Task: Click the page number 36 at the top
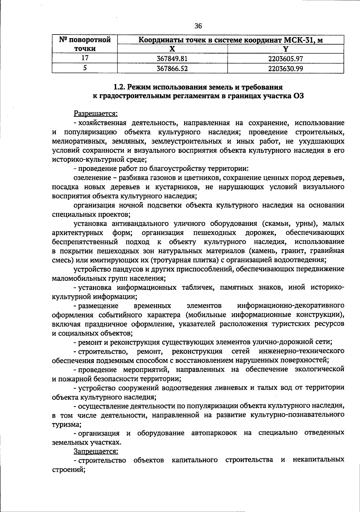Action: (x=198, y=26)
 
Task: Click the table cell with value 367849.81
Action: (x=172, y=59)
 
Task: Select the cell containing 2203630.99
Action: (x=285, y=68)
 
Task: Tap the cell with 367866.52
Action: (x=172, y=68)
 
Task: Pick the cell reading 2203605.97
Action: (x=285, y=59)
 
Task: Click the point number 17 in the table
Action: (x=85, y=58)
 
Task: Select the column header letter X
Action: (x=172, y=49)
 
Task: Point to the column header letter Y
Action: (x=286, y=49)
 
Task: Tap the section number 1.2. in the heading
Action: (x=119, y=87)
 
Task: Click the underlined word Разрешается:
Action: (x=96, y=114)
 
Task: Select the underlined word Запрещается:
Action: (x=96, y=451)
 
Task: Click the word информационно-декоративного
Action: (x=290, y=306)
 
